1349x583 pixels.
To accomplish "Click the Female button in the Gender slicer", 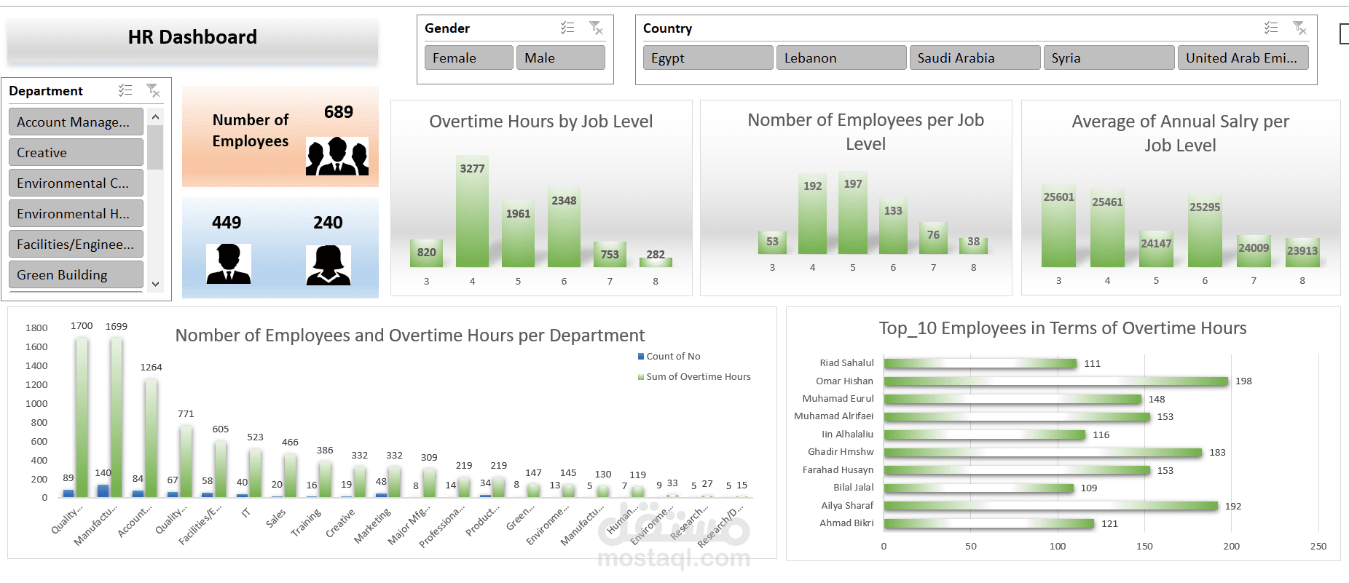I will (468, 58).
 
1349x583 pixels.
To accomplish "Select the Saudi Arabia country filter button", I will (974, 58).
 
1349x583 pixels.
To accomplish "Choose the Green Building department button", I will (76, 275).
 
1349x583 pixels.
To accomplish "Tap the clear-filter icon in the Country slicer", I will (1299, 28).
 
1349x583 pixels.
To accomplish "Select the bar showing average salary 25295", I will (1204, 233).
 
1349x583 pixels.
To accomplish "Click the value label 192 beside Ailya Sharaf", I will (1232, 507).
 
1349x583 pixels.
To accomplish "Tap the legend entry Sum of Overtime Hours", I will (697, 377).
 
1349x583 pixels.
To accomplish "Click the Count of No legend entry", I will (672, 357).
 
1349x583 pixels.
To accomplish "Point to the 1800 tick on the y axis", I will (36, 328).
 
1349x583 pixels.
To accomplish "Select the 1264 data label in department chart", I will (151, 368).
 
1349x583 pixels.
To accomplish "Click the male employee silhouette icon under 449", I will (228, 263).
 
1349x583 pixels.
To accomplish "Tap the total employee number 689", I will (338, 112).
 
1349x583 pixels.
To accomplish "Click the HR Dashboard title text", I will (192, 37).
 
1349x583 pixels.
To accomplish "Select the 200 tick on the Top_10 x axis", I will (1231, 547).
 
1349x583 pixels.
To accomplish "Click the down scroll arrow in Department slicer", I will (155, 285).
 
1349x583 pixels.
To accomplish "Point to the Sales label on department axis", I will (275, 518).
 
